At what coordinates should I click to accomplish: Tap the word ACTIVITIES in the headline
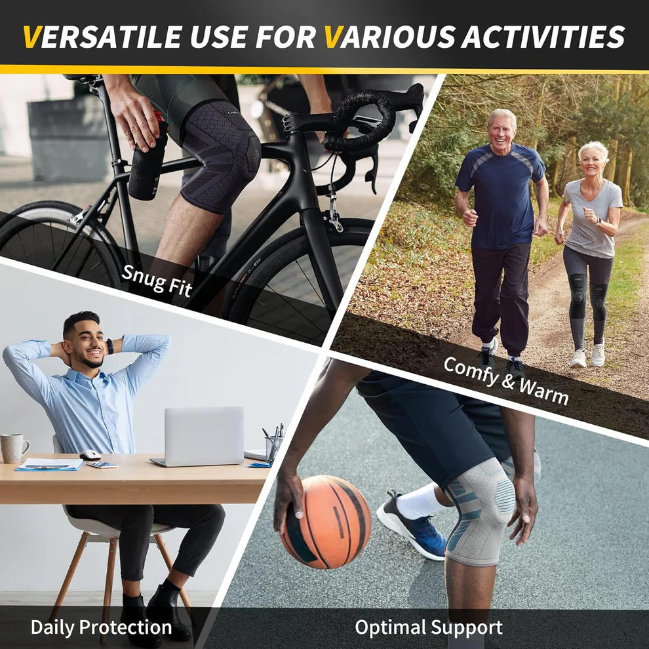coord(543,37)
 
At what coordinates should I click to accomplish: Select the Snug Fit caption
coord(157,280)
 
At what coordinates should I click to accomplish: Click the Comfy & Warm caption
coord(506,381)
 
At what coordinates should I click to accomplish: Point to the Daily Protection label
coord(102,627)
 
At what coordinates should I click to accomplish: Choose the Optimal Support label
coord(429,627)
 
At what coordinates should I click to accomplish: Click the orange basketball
coord(326,522)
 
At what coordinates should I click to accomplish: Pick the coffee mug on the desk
coord(14,448)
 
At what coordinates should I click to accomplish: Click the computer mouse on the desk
coord(90,456)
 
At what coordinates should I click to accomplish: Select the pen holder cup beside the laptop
coord(273,449)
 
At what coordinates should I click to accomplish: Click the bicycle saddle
coord(84,77)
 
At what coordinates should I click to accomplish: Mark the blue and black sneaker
coord(412,526)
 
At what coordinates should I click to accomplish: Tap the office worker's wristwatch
coord(109,346)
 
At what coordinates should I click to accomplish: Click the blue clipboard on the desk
coord(50,465)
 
